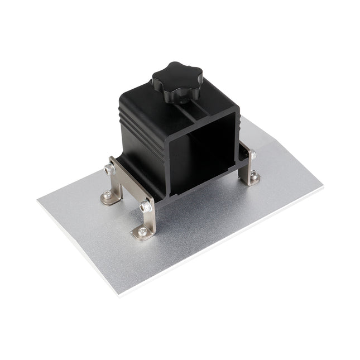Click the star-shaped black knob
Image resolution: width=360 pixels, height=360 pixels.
(175, 79)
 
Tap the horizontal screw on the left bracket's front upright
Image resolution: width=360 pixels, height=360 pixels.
(146, 208)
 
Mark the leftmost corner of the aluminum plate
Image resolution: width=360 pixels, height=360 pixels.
(38, 200)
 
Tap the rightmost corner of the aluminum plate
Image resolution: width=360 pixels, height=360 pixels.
(323, 185)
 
